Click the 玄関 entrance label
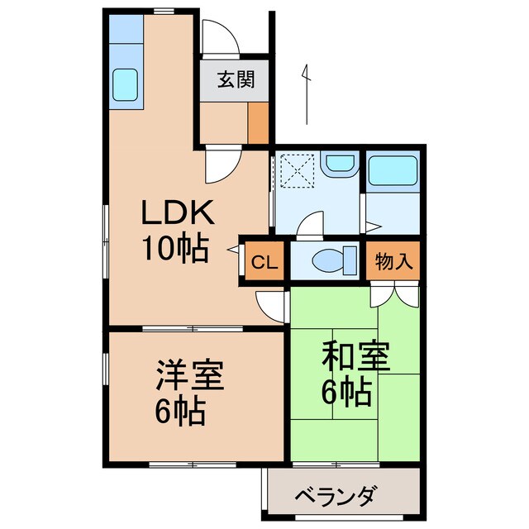(x=235, y=80)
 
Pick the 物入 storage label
(x=393, y=263)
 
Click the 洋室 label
(x=189, y=376)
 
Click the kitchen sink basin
(x=125, y=83)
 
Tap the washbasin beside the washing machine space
(x=338, y=164)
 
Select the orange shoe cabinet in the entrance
(x=258, y=122)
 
